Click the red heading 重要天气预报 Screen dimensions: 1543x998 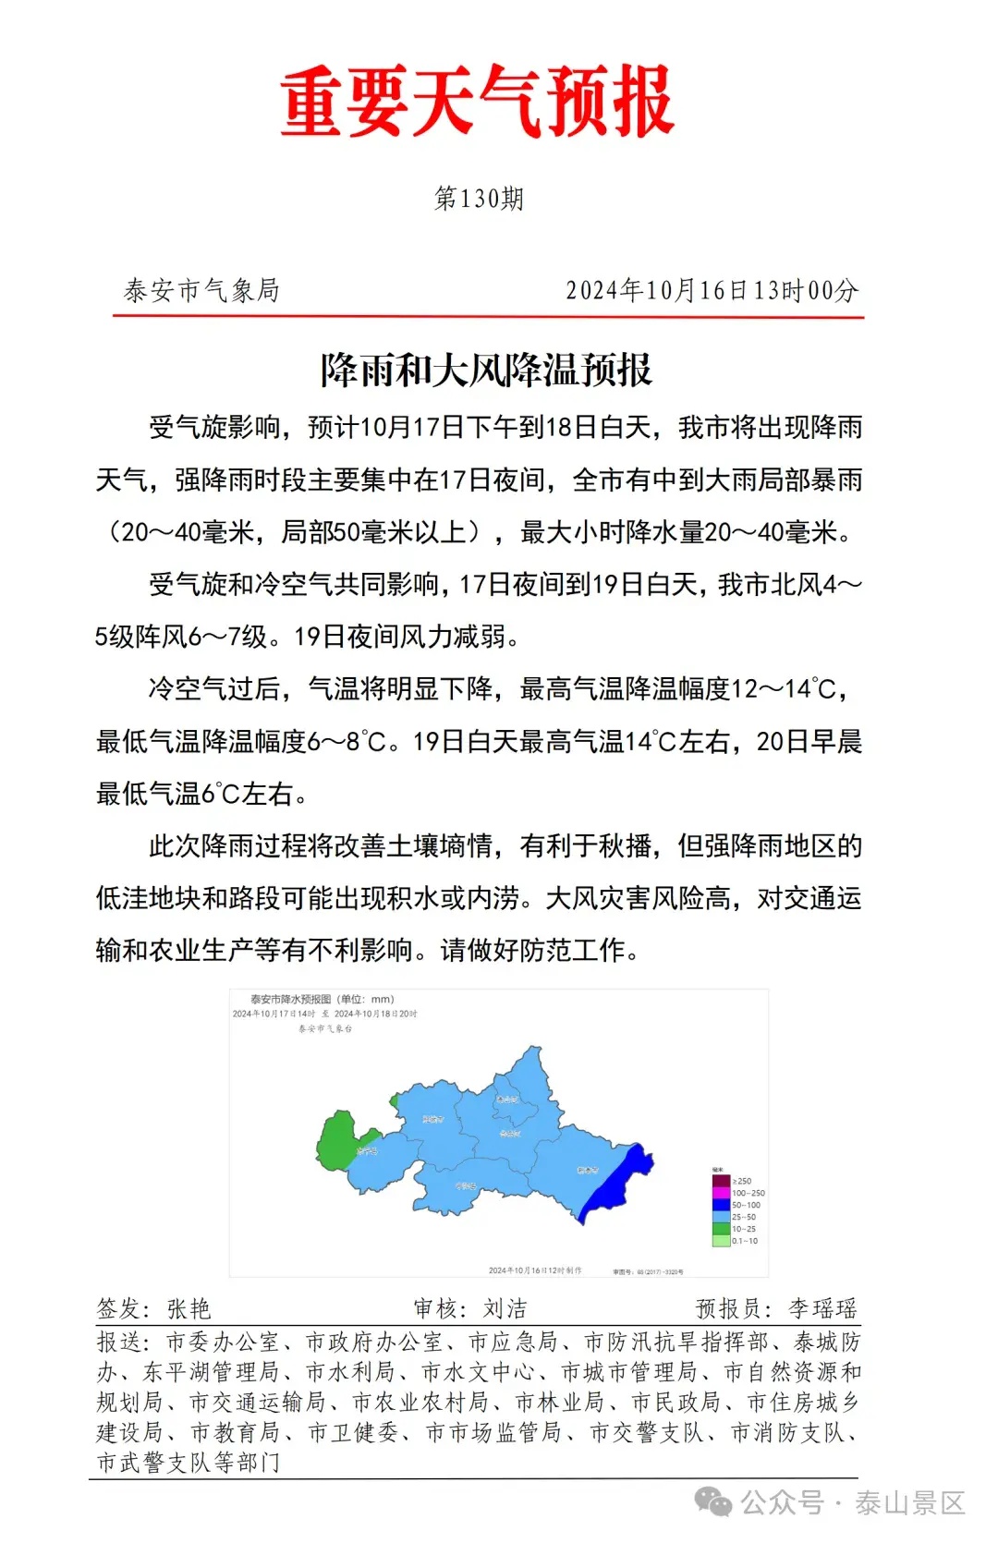pyautogui.click(x=478, y=102)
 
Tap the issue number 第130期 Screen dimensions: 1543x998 pyautogui.click(x=479, y=199)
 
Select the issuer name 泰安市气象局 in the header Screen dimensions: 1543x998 pyautogui.click(x=201, y=291)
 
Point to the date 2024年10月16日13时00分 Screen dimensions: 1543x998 pyautogui.click(x=712, y=291)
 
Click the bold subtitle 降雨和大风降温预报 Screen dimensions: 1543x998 pyautogui.click(x=486, y=371)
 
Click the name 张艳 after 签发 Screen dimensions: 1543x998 pyautogui.click(x=189, y=1308)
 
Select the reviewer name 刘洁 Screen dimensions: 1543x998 pyautogui.click(x=505, y=1308)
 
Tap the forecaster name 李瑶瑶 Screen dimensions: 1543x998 pyautogui.click(x=822, y=1308)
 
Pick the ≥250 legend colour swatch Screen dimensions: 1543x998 pyautogui.click(x=721, y=1181)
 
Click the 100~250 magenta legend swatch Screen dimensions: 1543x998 pyautogui.click(x=721, y=1193)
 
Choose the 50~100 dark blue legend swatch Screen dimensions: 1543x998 pyautogui.click(x=721, y=1205)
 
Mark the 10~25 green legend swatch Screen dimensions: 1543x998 pyautogui.click(x=721, y=1229)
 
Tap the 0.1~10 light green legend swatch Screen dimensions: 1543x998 pyautogui.click(x=721, y=1241)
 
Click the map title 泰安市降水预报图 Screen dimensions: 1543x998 pyautogui.click(x=291, y=999)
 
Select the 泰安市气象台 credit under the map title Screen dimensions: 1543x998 pyautogui.click(x=324, y=1028)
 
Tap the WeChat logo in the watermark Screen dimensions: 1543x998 pyautogui.click(x=712, y=1502)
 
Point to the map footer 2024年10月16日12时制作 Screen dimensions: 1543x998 pyautogui.click(x=535, y=1270)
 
